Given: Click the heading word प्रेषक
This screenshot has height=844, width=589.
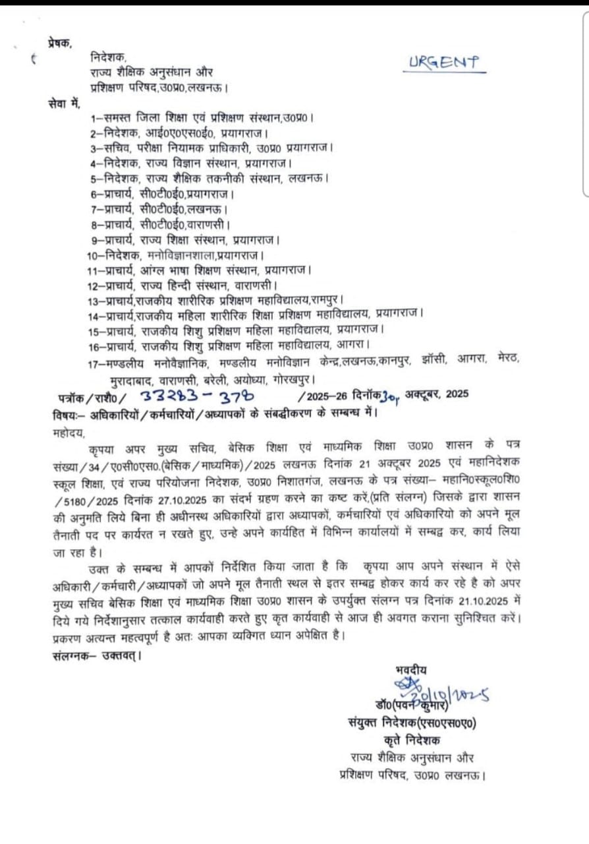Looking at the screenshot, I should (60, 42).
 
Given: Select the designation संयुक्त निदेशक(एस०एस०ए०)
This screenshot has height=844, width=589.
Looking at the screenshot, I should (412, 723).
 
